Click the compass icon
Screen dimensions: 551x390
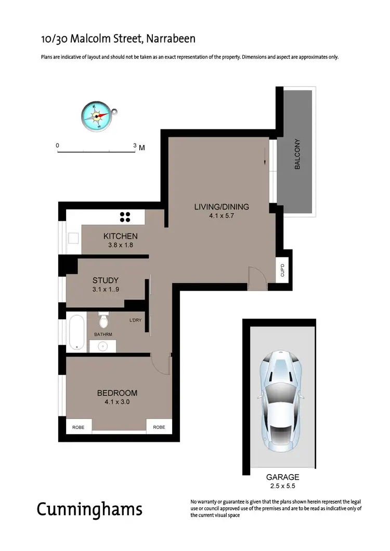pos(97,115)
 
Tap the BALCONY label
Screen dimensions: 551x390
pos(298,154)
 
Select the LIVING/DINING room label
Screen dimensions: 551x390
pos(222,207)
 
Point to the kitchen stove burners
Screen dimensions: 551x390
pos(125,217)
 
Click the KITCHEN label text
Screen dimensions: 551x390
pos(120,236)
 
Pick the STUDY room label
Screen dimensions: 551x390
pos(106,280)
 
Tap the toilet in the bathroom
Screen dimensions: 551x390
pos(103,318)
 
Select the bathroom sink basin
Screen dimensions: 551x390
pos(102,345)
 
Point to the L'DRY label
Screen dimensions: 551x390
pos(136,321)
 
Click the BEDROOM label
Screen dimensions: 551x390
pos(117,392)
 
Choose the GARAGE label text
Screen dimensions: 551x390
pos(282,477)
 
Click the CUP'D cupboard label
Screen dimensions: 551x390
pos(282,270)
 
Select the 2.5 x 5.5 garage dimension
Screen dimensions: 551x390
pos(282,486)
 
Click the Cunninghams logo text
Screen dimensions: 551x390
pos(89,509)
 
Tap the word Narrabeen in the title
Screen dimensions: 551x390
pos(171,38)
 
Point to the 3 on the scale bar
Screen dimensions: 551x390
pos(135,146)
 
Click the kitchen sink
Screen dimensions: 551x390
pos(72,239)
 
